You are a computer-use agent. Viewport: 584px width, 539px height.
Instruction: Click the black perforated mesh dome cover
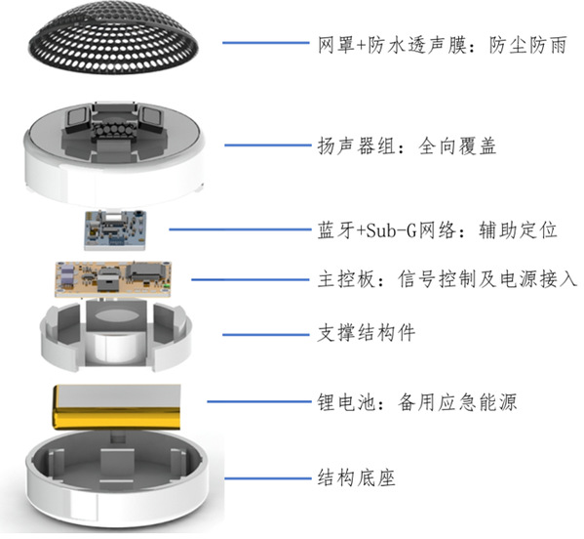pyautogui.click(x=114, y=36)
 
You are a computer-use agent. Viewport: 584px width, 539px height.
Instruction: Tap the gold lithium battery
pyautogui.click(x=117, y=407)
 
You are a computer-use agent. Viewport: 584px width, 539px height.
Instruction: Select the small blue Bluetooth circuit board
pyautogui.click(x=115, y=229)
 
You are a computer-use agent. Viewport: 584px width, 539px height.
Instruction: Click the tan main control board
pyautogui.click(x=113, y=279)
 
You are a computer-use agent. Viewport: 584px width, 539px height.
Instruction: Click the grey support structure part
pyautogui.click(x=116, y=336)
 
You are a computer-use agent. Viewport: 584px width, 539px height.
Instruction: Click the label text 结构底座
pyautogui.click(x=356, y=477)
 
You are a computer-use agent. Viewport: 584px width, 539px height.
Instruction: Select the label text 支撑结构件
pyautogui.click(x=367, y=333)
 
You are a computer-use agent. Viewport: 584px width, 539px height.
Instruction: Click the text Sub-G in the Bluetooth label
pyautogui.click(x=391, y=230)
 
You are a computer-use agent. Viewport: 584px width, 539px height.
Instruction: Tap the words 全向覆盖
pyautogui.click(x=457, y=145)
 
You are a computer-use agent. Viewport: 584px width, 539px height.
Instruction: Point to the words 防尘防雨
pyautogui.click(x=527, y=45)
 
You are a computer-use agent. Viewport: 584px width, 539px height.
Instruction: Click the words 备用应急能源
pyautogui.click(x=457, y=402)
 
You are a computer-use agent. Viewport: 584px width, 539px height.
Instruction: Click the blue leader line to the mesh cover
pyautogui.click(x=266, y=43)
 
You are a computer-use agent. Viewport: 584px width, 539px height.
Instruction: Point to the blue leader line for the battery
pyautogui.click(x=259, y=401)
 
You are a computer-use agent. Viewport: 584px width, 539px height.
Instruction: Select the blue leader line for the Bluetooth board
pyautogui.click(x=240, y=229)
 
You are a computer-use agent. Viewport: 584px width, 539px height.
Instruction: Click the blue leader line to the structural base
pyautogui.click(x=268, y=478)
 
